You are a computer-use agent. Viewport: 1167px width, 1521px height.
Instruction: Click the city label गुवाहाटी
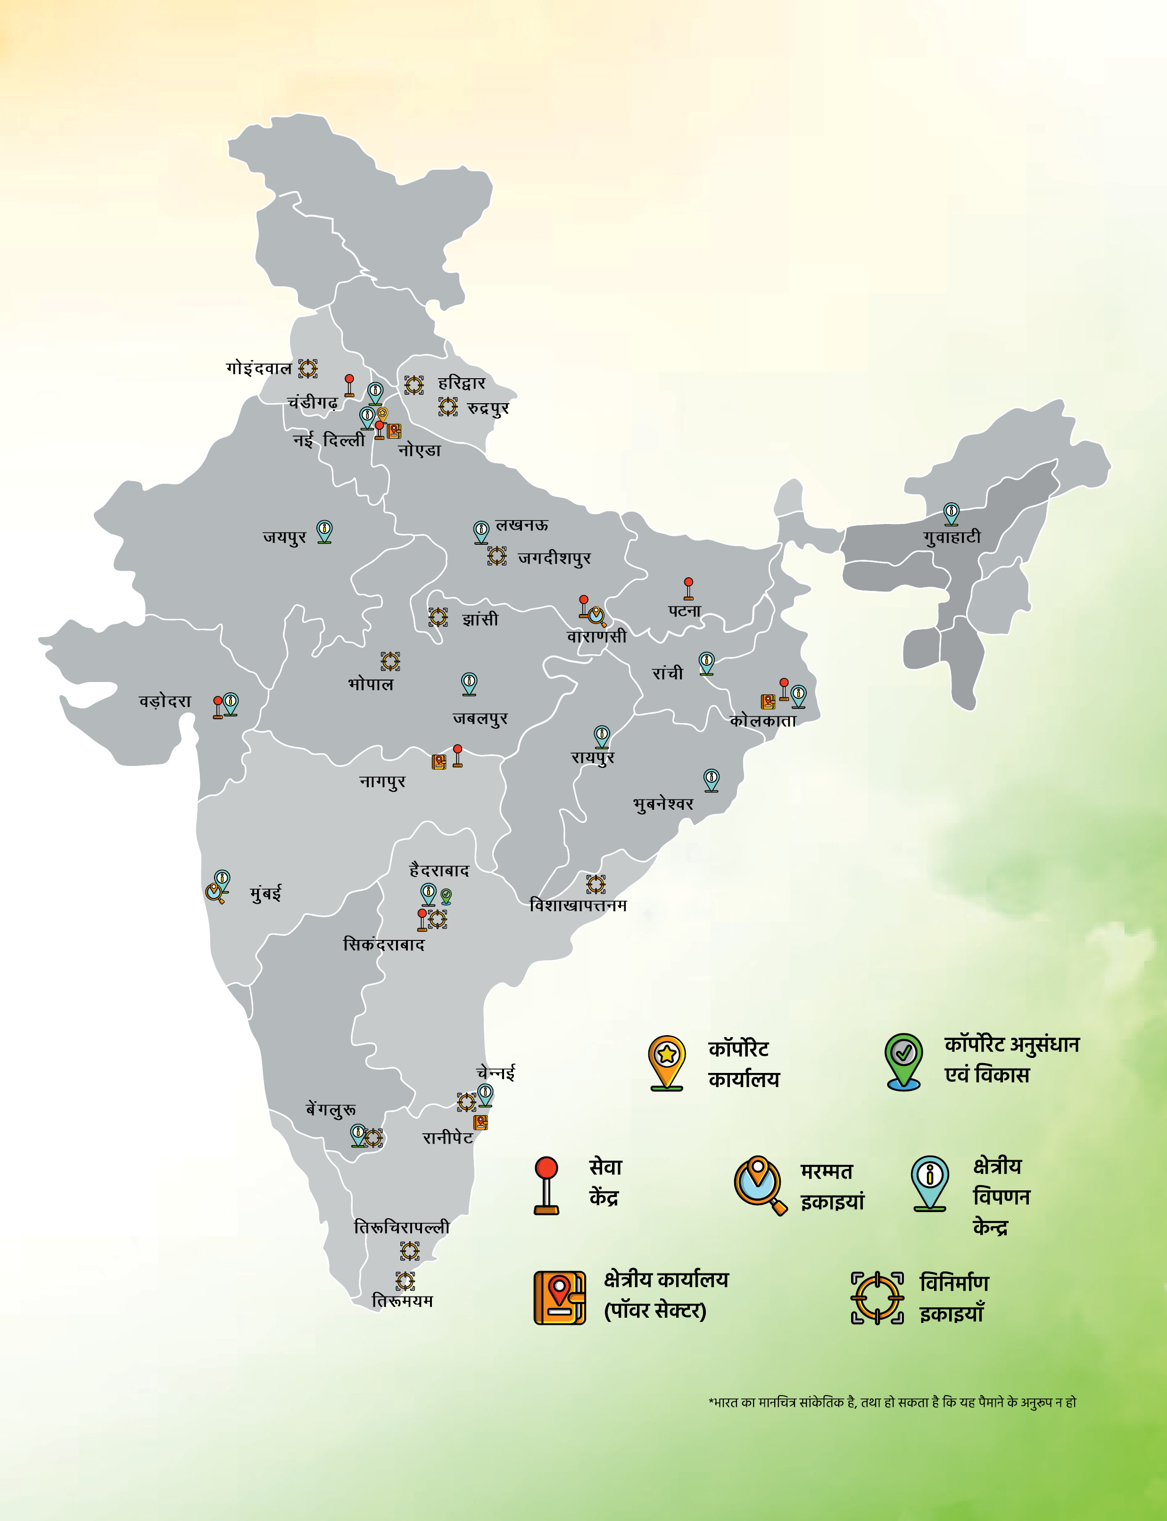tap(952, 537)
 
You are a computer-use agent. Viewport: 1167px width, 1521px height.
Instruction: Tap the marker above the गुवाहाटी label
tap(951, 514)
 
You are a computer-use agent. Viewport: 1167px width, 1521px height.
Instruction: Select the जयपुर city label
tap(284, 537)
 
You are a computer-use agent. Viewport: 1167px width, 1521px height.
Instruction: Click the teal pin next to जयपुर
tap(324, 532)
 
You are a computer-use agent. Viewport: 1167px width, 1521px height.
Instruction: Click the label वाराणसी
tap(596, 636)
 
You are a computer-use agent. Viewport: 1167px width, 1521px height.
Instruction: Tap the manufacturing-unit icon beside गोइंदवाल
tap(308, 368)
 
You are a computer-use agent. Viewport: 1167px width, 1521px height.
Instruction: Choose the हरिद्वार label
tap(461, 383)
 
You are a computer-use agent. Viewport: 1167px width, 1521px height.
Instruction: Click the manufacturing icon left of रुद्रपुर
tap(448, 407)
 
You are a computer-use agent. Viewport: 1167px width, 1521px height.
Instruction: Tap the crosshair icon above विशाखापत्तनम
tap(596, 884)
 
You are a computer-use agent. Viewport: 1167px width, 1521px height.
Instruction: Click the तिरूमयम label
tap(402, 1301)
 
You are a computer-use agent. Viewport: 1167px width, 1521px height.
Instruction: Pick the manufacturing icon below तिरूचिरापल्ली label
tap(410, 1251)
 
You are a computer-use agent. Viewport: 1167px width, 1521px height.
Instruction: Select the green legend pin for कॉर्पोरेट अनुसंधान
tap(903, 1061)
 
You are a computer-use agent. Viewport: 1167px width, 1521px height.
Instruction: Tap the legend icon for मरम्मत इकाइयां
tap(759, 1185)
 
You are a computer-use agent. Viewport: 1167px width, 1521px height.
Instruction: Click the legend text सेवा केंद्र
tap(605, 1182)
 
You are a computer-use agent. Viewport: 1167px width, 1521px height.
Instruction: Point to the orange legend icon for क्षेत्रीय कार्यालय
tap(559, 1297)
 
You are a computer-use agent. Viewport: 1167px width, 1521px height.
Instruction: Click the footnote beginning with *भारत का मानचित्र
tap(892, 1402)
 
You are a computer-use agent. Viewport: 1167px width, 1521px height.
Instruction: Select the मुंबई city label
tap(265, 893)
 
